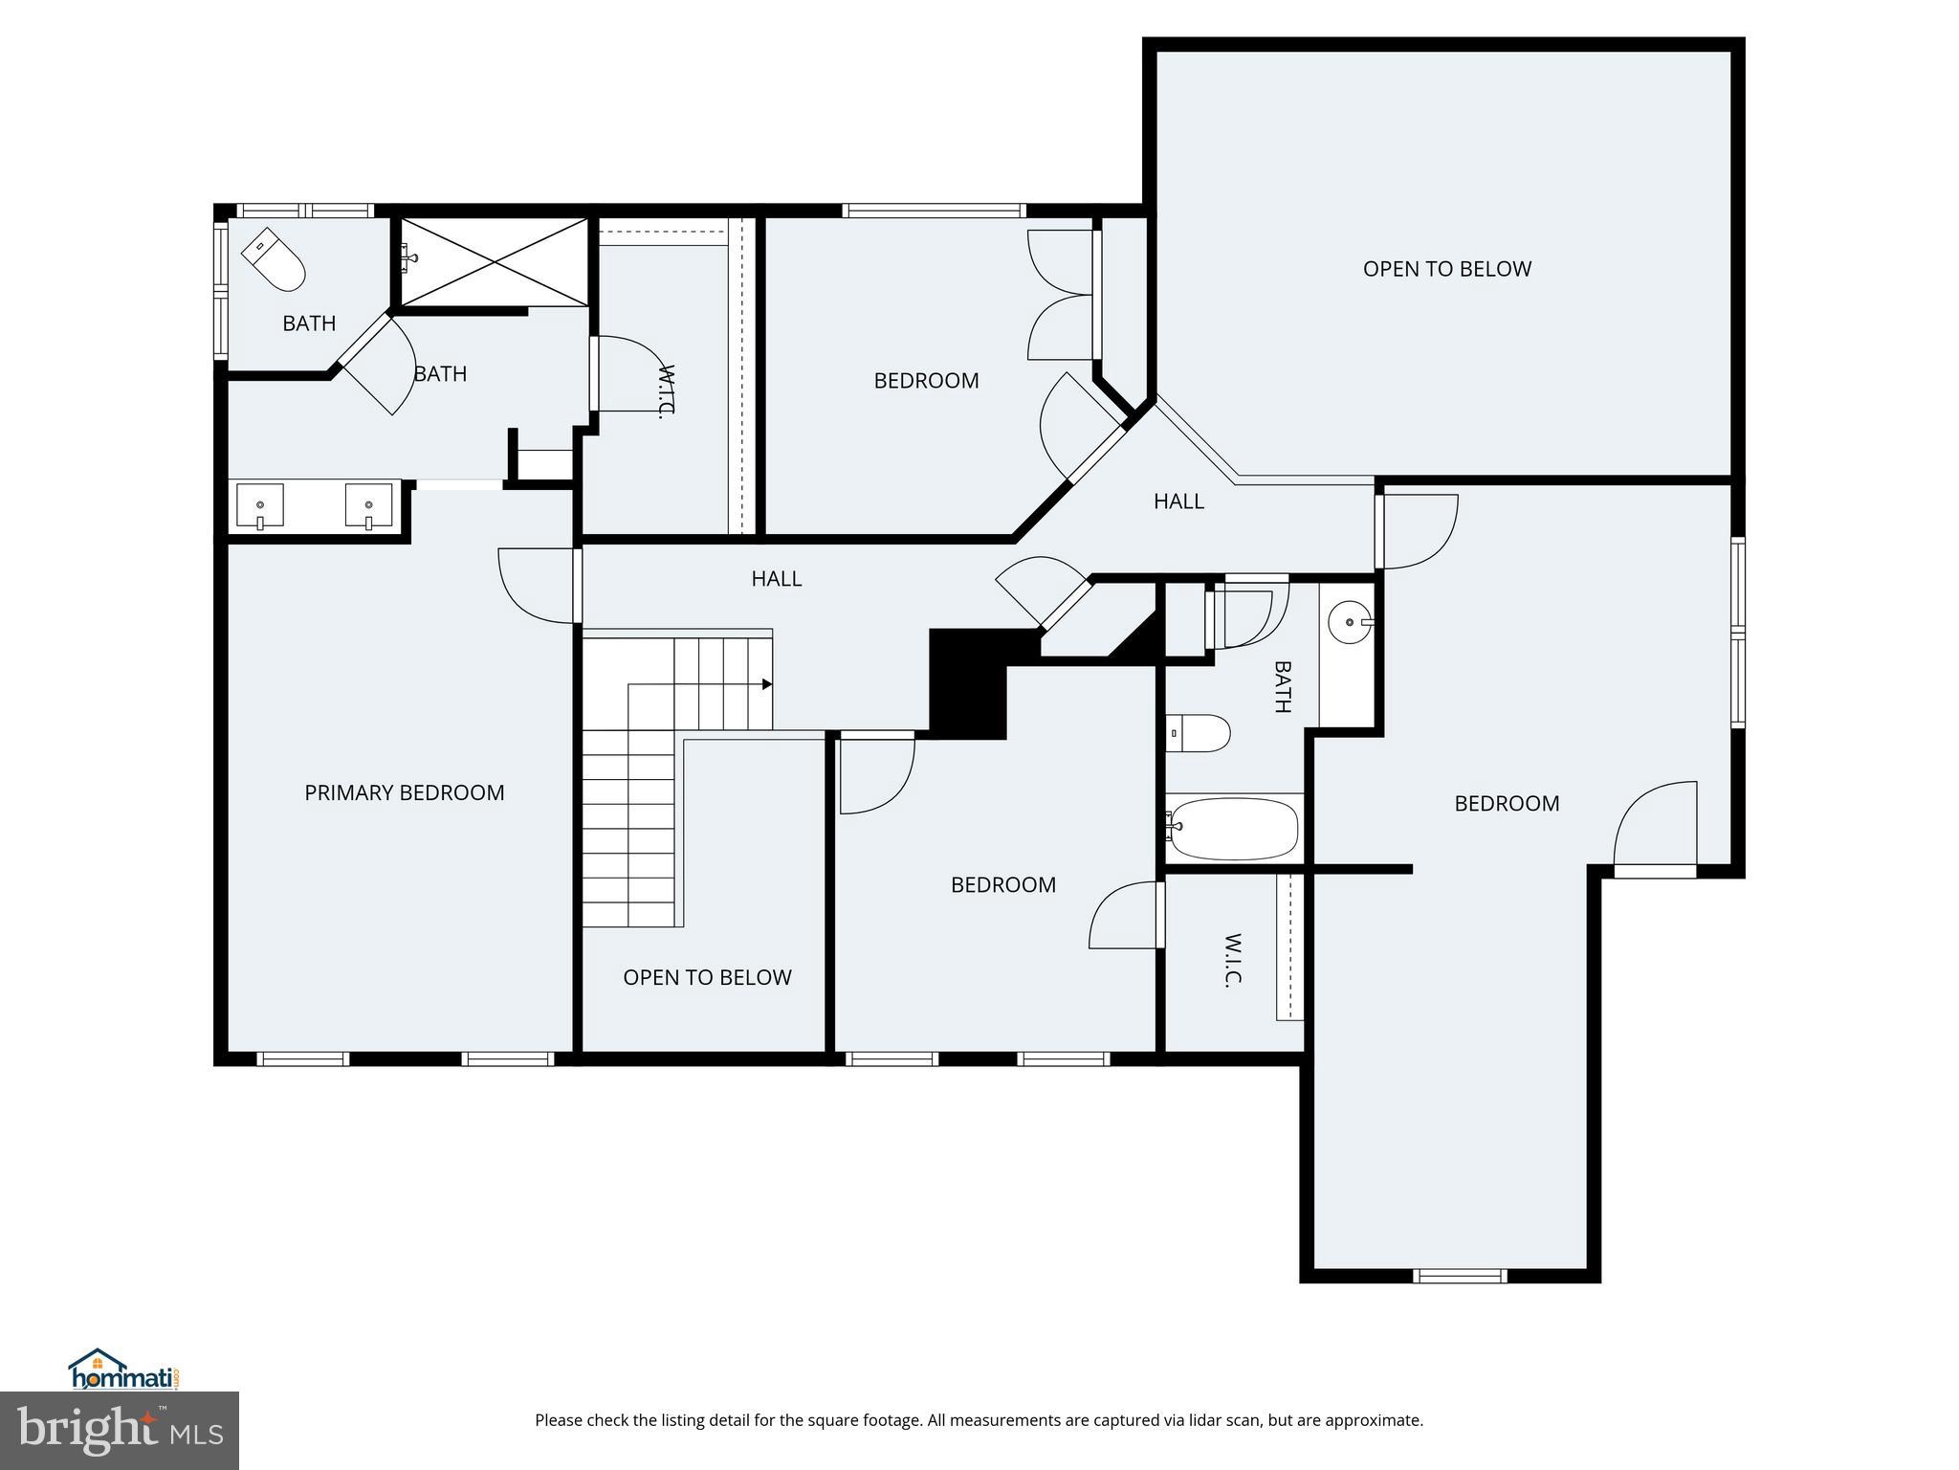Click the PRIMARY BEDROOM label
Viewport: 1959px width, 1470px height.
coord(404,792)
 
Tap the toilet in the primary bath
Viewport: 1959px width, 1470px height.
coord(274,260)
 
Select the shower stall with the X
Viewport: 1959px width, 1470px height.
coord(494,262)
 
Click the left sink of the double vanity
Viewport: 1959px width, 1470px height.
coord(259,505)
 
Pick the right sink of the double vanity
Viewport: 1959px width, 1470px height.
coord(368,505)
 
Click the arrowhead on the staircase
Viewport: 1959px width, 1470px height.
coord(767,684)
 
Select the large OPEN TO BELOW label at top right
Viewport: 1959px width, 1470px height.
coord(1446,269)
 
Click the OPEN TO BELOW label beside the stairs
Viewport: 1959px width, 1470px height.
coord(707,977)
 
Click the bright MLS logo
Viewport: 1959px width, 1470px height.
coord(120,1431)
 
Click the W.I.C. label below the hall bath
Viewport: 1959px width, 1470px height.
coord(1233,960)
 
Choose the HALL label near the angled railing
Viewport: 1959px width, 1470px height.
coord(1178,501)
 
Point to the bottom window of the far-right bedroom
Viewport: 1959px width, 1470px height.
coord(1460,1275)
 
